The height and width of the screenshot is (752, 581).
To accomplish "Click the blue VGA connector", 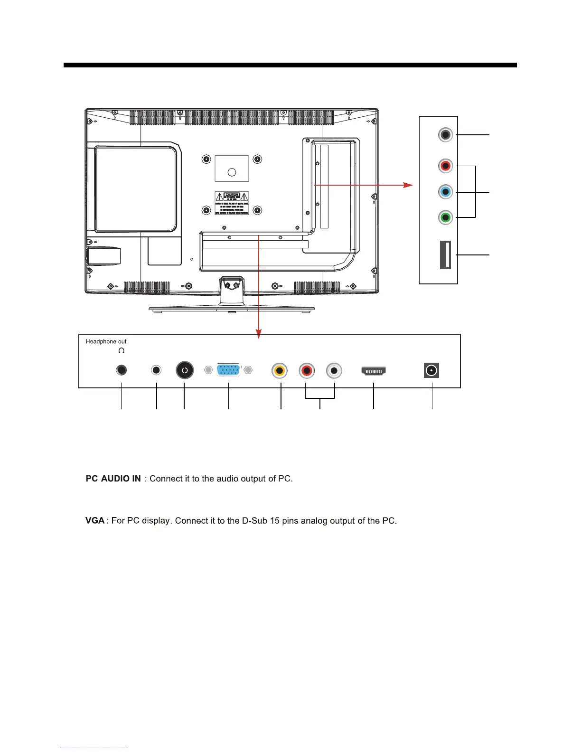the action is tap(229, 370).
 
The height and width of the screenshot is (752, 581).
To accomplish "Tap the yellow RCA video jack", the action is tap(280, 371).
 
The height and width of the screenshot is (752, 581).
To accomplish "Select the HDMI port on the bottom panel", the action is tap(374, 370).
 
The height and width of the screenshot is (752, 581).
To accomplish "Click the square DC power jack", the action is tap(431, 370).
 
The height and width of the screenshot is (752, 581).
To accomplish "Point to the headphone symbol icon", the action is tap(122, 351).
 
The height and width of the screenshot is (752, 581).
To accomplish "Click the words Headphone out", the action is tap(106, 341).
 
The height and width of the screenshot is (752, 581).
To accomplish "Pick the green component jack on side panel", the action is tap(445, 218).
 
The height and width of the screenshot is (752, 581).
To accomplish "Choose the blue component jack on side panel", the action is tap(445, 192).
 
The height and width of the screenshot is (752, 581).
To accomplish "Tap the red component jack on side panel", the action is tap(445, 166).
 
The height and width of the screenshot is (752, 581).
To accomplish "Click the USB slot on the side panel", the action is tap(445, 255).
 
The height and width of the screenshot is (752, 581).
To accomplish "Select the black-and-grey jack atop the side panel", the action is tap(445, 135).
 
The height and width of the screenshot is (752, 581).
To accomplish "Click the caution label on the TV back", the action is tap(232, 204).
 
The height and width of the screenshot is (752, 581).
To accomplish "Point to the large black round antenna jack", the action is tap(185, 370).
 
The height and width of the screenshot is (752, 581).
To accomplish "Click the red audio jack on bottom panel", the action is tap(307, 371).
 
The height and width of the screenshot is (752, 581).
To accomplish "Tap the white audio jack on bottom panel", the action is tap(334, 371).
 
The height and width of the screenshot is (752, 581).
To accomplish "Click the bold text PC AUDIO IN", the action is tap(113, 479).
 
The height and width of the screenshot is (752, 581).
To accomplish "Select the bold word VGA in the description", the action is tap(95, 521).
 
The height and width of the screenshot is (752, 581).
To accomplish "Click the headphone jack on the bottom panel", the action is tap(122, 370).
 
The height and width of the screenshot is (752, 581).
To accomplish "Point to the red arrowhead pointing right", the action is tap(408, 185).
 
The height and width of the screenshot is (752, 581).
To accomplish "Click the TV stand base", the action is tap(232, 310).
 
